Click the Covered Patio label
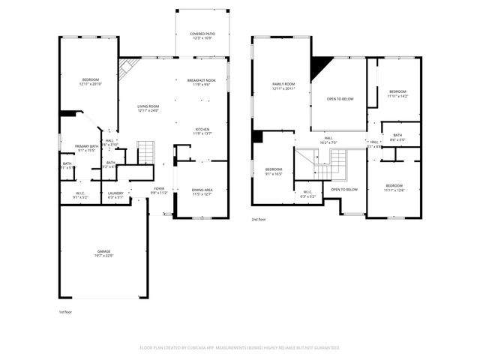pyautogui.click(x=202, y=34)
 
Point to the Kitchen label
pyautogui.click(x=202, y=129)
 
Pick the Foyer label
pyautogui.click(x=159, y=188)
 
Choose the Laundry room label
pyautogui.click(x=115, y=193)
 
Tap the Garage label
pyautogui.click(x=103, y=251)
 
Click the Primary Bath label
pyautogui.click(x=86, y=146)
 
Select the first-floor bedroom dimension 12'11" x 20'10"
pyautogui.click(x=90, y=84)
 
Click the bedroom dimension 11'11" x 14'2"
pyautogui.click(x=397, y=96)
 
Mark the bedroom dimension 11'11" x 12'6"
pyautogui.click(x=394, y=190)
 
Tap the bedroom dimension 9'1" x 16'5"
pyautogui.click(x=274, y=173)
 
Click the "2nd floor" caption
pyautogui.click(x=259, y=220)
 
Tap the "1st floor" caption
pyautogui.click(x=66, y=311)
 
